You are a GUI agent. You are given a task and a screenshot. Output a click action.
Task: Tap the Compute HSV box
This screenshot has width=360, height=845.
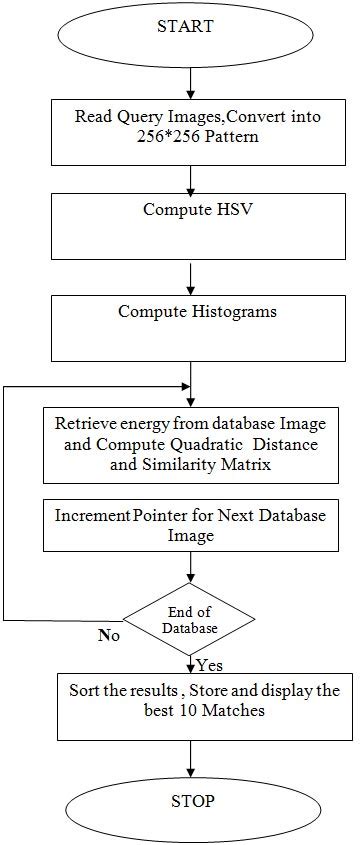pyautogui.click(x=189, y=229)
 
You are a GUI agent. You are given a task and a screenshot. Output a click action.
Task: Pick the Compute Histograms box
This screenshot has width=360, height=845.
pyautogui.click(x=189, y=330)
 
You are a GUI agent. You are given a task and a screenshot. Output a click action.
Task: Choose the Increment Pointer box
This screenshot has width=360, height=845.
pyautogui.click(x=189, y=525)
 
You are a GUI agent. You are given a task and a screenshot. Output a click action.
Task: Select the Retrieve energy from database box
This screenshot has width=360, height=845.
pyautogui.click(x=189, y=442)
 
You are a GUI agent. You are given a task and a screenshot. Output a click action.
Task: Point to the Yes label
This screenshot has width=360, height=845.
pyautogui.click(x=211, y=663)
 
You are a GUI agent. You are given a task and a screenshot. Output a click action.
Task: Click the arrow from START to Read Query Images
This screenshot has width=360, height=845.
pyautogui.click(x=189, y=80)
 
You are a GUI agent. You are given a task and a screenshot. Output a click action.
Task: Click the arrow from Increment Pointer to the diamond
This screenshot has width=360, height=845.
pyautogui.click(x=189, y=570)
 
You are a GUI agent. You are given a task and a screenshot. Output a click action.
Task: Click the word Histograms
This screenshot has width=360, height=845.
pyautogui.click(x=227, y=311)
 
